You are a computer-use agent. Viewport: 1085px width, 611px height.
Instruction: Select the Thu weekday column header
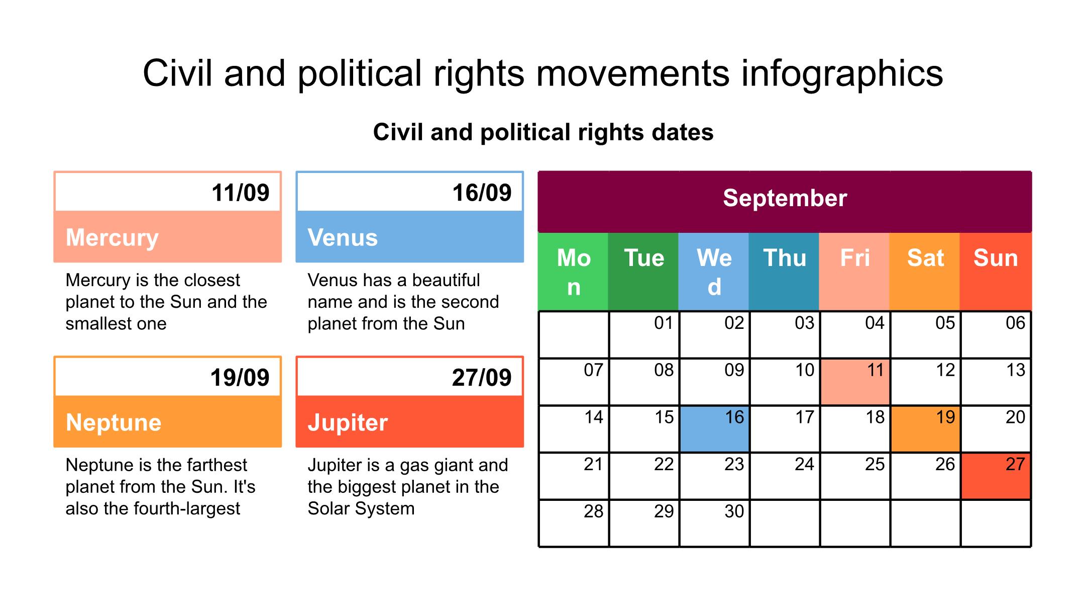tap(784, 272)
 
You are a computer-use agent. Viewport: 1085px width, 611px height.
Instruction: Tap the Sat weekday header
tap(925, 272)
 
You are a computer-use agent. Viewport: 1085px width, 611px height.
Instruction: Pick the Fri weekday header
tap(854, 272)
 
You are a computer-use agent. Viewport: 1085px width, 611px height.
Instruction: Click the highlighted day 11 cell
tap(855, 382)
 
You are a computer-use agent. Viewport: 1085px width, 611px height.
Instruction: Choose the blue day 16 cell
tap(714, 429)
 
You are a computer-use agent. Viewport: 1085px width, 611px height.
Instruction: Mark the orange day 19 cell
tap(925, 429)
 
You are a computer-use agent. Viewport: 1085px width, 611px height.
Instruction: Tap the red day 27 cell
tap(996, 476)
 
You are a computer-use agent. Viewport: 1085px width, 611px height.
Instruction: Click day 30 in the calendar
tap(734, 511)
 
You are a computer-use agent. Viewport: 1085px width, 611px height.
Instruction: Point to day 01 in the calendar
tap(664, 323)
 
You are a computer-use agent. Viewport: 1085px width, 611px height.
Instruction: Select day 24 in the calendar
tap(804, 464)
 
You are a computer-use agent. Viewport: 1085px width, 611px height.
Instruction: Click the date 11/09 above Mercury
tap(240, 193)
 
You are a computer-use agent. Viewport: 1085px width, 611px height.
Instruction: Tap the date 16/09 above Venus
tap(482, 193)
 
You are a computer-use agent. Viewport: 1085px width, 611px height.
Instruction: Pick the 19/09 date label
tap(240, 378)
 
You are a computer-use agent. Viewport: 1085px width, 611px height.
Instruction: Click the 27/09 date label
tap(482, 378)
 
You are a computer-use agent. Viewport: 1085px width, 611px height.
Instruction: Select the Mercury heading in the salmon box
tap(112, 238)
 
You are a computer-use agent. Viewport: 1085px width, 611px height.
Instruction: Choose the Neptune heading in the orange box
tap(114, 422)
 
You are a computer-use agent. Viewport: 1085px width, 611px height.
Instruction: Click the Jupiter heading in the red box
tap(348, 422)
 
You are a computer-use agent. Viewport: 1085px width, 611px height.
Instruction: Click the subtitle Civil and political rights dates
tap(543, 132)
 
